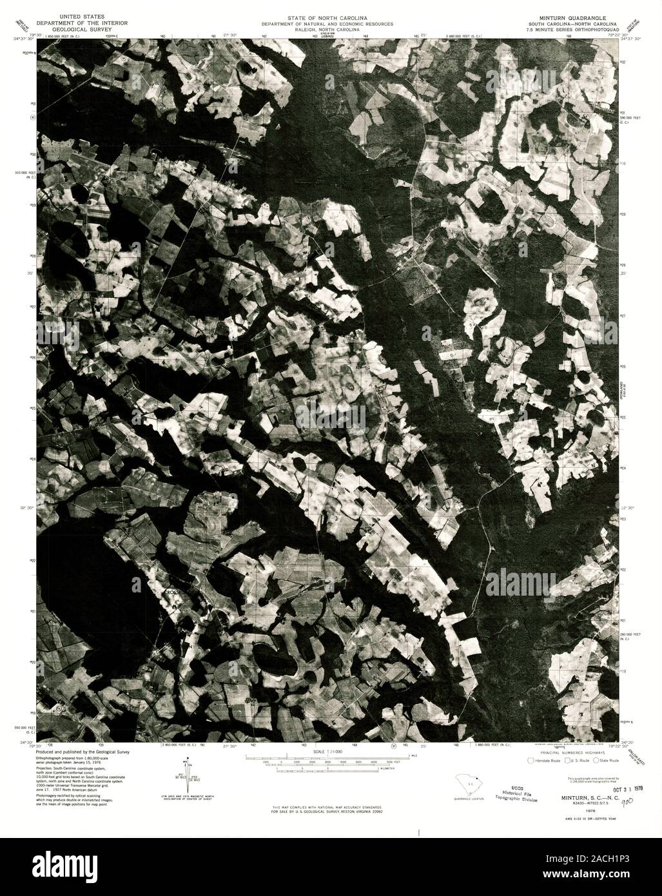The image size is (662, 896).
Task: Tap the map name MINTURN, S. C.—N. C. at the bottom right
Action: click(581, 799)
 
